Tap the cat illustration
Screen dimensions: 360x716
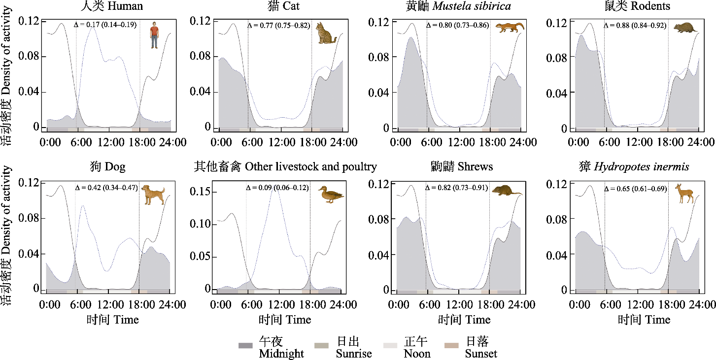pyautogui.click(x=326, y=33)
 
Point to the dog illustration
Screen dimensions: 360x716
pyautogui.click(x=153, y=194)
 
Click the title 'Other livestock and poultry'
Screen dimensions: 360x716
pyautogui.click(x=285, y=166)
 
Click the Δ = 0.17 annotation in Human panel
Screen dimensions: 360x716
pyautogui.click(x=105, y=24)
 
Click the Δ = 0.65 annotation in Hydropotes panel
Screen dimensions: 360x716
pyautogui.click(x=635, y=189)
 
